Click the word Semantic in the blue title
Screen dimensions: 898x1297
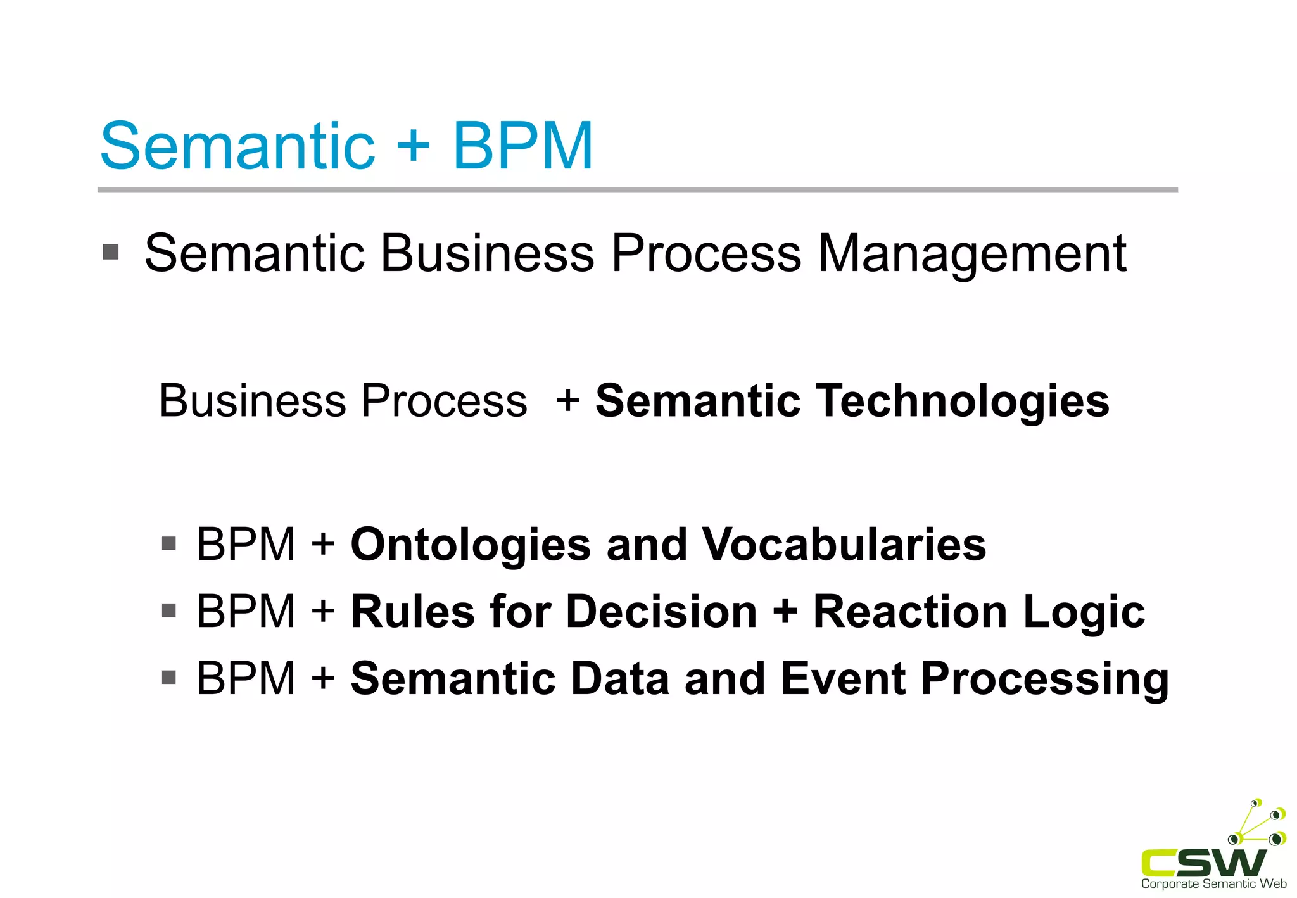[237, 146]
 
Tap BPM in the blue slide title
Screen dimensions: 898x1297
[523, 146]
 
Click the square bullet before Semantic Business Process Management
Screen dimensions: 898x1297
[111, 252]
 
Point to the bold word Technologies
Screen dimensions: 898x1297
[963, 402]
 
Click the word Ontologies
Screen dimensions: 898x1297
[471, 545]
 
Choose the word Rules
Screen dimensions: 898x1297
[412, 612]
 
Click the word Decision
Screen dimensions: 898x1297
[662, 612]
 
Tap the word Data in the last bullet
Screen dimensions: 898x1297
[620, 679]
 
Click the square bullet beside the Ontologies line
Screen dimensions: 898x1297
[168, 543]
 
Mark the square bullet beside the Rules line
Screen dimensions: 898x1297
[168, 610]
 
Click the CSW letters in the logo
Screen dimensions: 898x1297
[1203, 862]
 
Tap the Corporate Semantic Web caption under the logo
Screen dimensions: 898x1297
[1213, 884]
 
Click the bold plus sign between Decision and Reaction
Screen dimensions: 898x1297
[785, 612]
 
